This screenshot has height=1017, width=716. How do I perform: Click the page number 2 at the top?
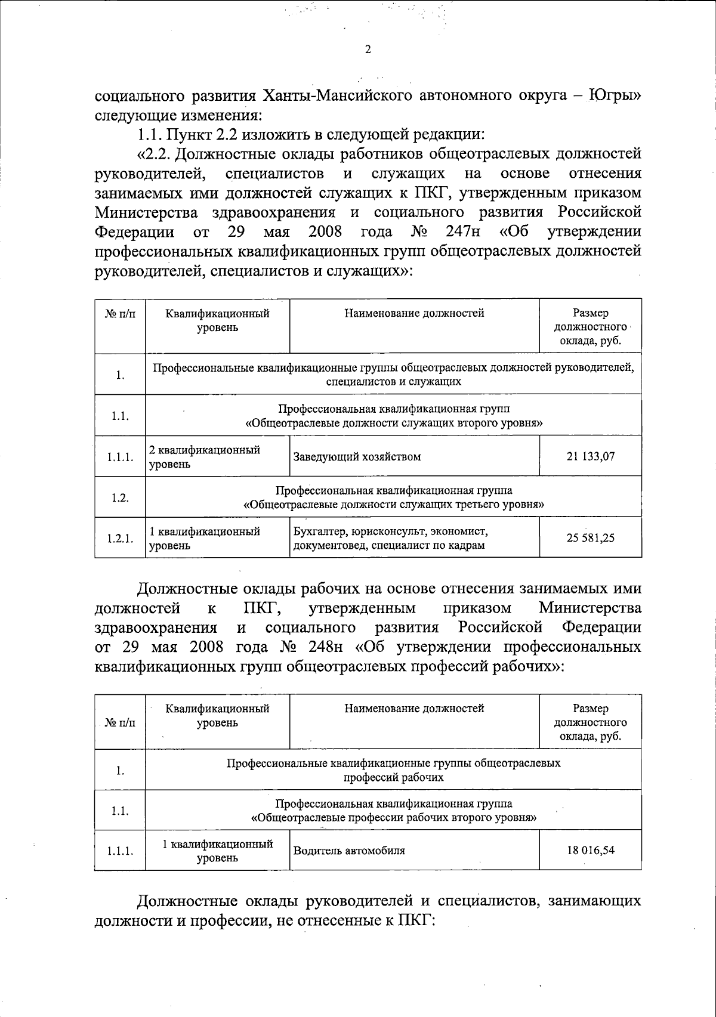[x=368, y=50]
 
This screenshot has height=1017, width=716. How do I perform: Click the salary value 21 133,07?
[x=590, y=457]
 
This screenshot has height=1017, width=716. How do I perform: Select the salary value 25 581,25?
[x=590, y=538]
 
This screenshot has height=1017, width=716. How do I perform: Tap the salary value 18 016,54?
[x=590, y=851]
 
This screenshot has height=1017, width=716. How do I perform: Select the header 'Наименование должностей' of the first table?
[x=414, y=313]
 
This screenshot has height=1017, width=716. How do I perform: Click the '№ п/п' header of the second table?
[x=119, y=723]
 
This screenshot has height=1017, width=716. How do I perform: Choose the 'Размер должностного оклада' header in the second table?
[x=590, y=722]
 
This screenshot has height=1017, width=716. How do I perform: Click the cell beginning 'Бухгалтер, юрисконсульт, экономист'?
[x=391, y=538]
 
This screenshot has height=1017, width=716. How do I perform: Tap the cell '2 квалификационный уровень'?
[x=204, y=457]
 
